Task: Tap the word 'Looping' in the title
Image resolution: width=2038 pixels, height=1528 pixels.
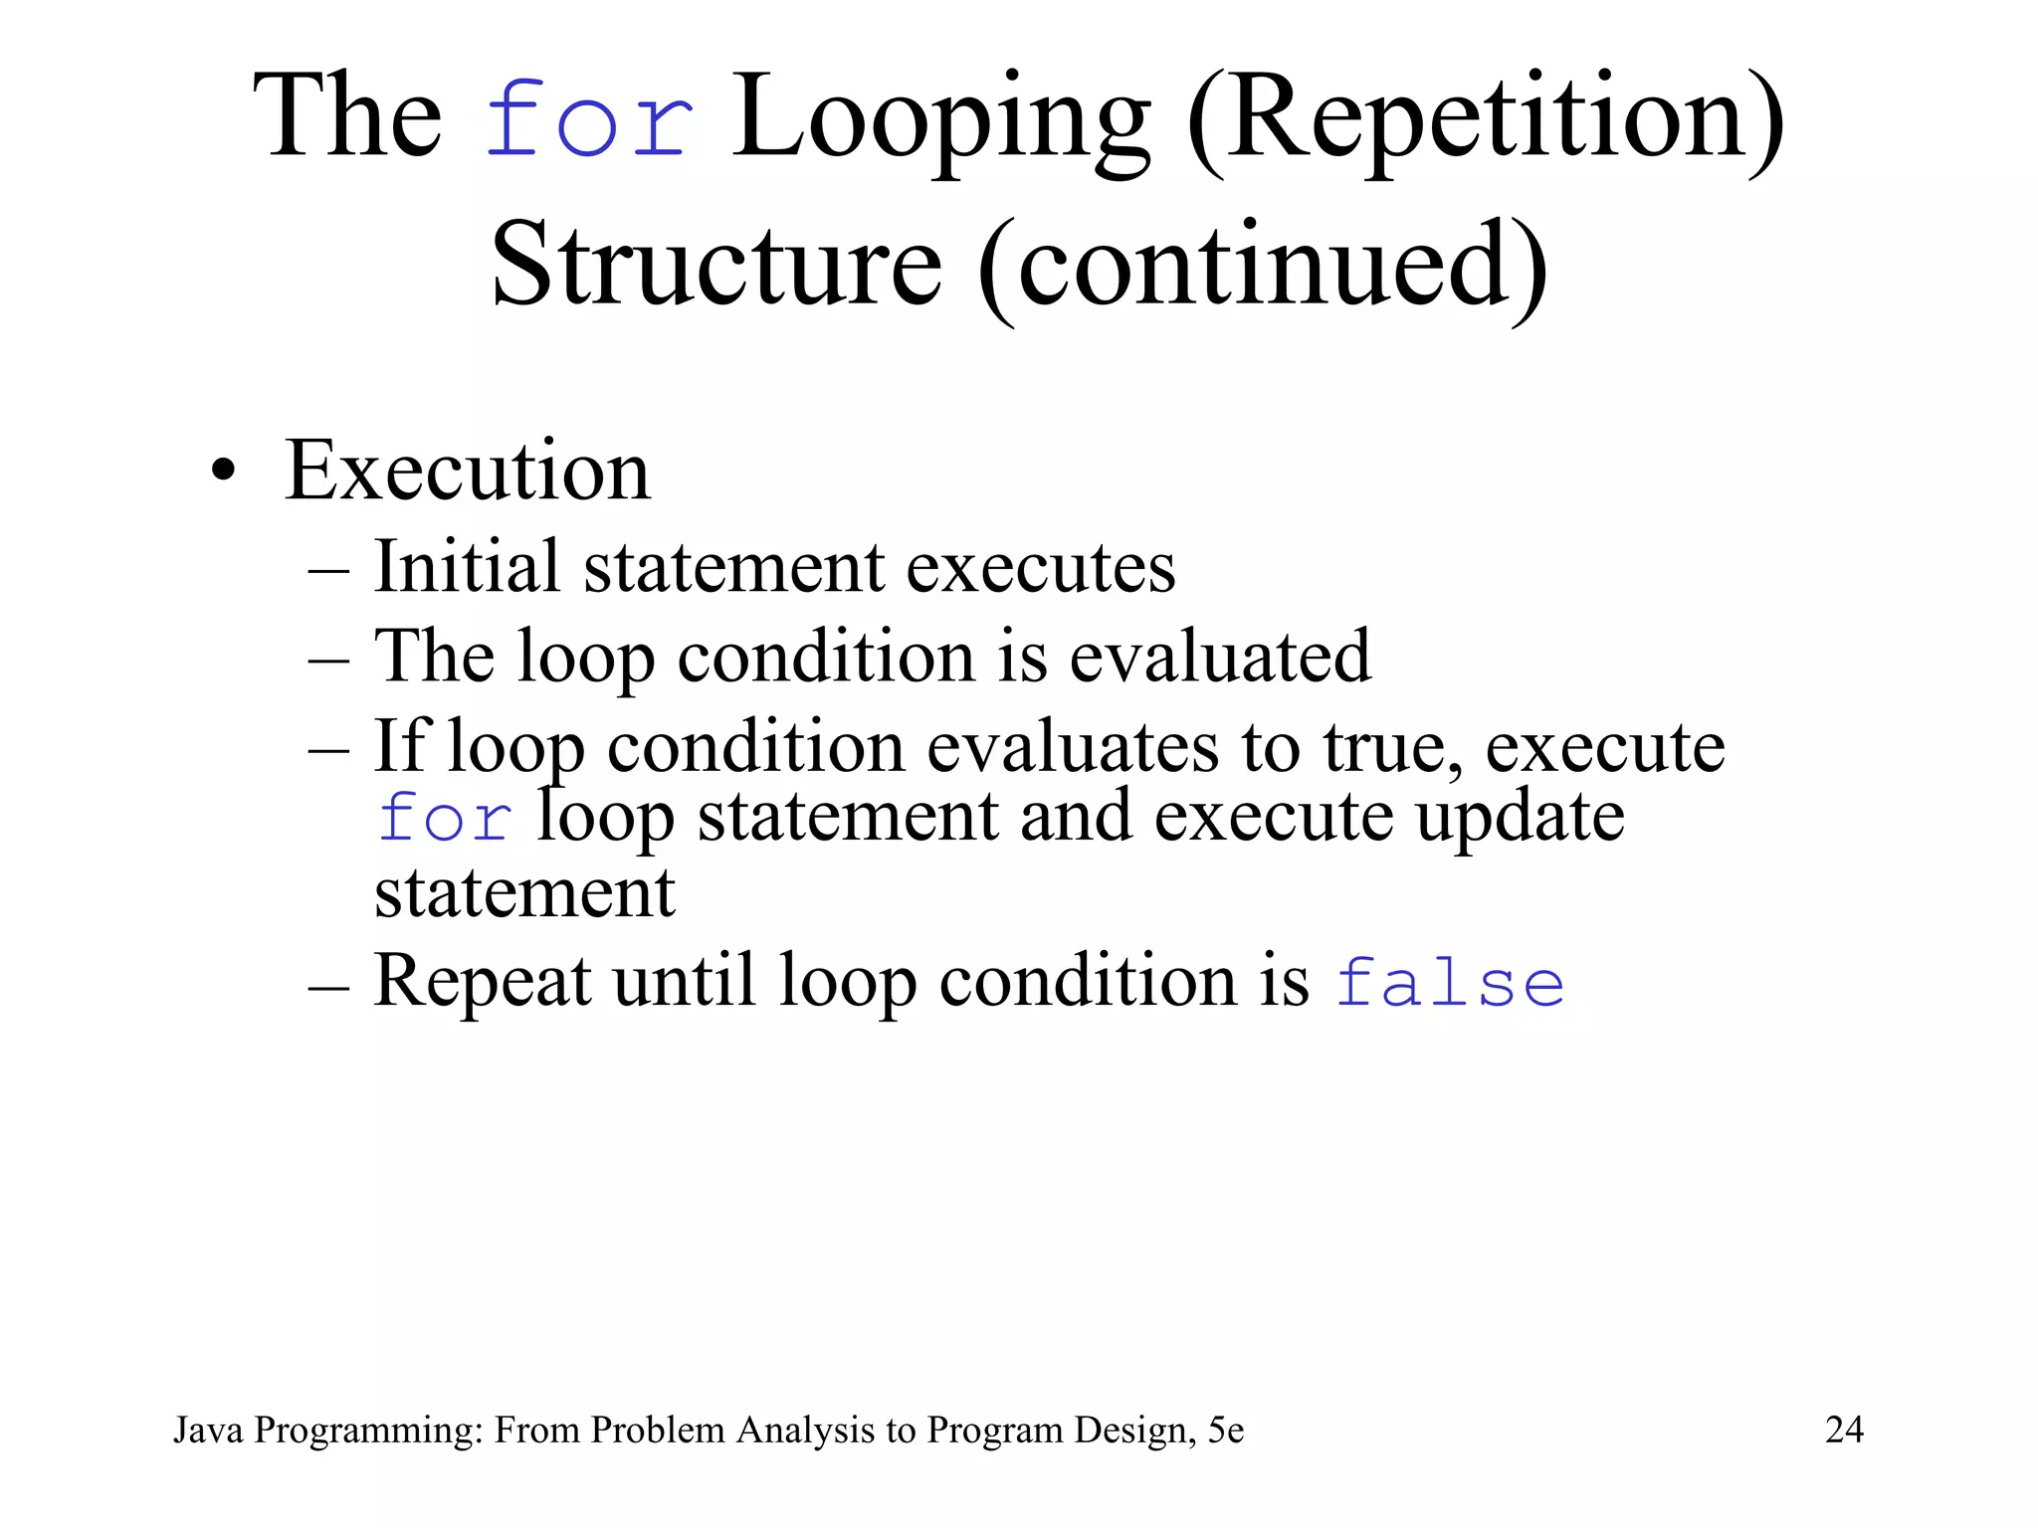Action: coord(940,119)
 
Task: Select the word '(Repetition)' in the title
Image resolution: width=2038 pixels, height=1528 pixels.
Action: coord(1485,119)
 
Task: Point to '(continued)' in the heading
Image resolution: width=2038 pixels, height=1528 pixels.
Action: coord(1262,267)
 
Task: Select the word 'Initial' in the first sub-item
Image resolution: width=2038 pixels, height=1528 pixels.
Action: coord(467,566)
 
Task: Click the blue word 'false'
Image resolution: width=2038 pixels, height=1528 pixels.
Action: coord(1449,983)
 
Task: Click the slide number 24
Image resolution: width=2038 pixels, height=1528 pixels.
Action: coord(1844,1430)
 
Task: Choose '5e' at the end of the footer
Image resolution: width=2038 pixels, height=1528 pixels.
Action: coord(1226,1430)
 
